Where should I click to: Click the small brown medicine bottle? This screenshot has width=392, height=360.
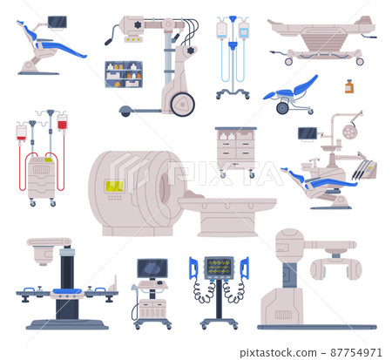[348, 86]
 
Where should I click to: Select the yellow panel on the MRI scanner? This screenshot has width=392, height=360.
[114, 186]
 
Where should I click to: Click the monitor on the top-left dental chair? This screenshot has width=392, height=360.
[57, 22]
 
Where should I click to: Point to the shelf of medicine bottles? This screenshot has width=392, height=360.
[123, 74]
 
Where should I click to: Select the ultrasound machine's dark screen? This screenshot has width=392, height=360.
[152, 267]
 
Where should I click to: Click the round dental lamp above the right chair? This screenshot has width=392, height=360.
[349, 132]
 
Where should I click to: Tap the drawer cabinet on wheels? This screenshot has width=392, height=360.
[236, 148]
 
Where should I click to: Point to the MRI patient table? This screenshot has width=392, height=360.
[228, 209]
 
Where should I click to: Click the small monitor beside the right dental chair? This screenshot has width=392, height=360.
[307, 134]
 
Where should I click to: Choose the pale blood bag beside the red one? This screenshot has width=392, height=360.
[22, 132]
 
